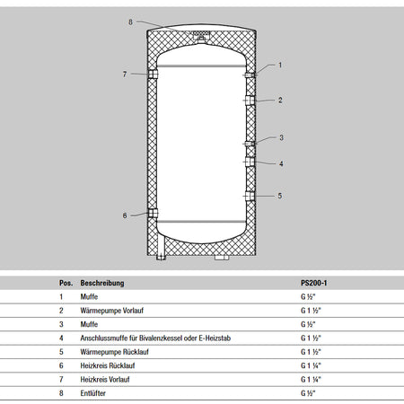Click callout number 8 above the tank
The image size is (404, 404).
[130, 22]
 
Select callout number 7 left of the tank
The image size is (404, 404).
[125, 75]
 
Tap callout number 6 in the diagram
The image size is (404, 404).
[125, 215]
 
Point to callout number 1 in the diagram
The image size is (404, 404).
[280, 65]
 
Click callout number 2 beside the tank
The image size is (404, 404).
[280, 100]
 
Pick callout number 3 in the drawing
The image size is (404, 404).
[281, 137]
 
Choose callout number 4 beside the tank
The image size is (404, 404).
[281, 163]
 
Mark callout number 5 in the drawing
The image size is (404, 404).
[280, 196]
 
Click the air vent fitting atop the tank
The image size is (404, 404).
[201, 37]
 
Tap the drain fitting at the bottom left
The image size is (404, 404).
[161, 257]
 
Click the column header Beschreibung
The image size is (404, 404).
[102, 283]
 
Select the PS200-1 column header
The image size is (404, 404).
[314, 283]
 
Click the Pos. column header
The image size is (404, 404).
[66, 283]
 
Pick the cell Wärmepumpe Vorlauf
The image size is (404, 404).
[112, 311]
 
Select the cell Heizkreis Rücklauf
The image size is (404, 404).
[108, 365]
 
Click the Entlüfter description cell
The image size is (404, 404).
[92, 393]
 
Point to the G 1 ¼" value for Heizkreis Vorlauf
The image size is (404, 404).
[311, 380]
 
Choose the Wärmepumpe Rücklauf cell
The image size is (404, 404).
[114, 352]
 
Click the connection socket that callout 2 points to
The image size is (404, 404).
[250, 101]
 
